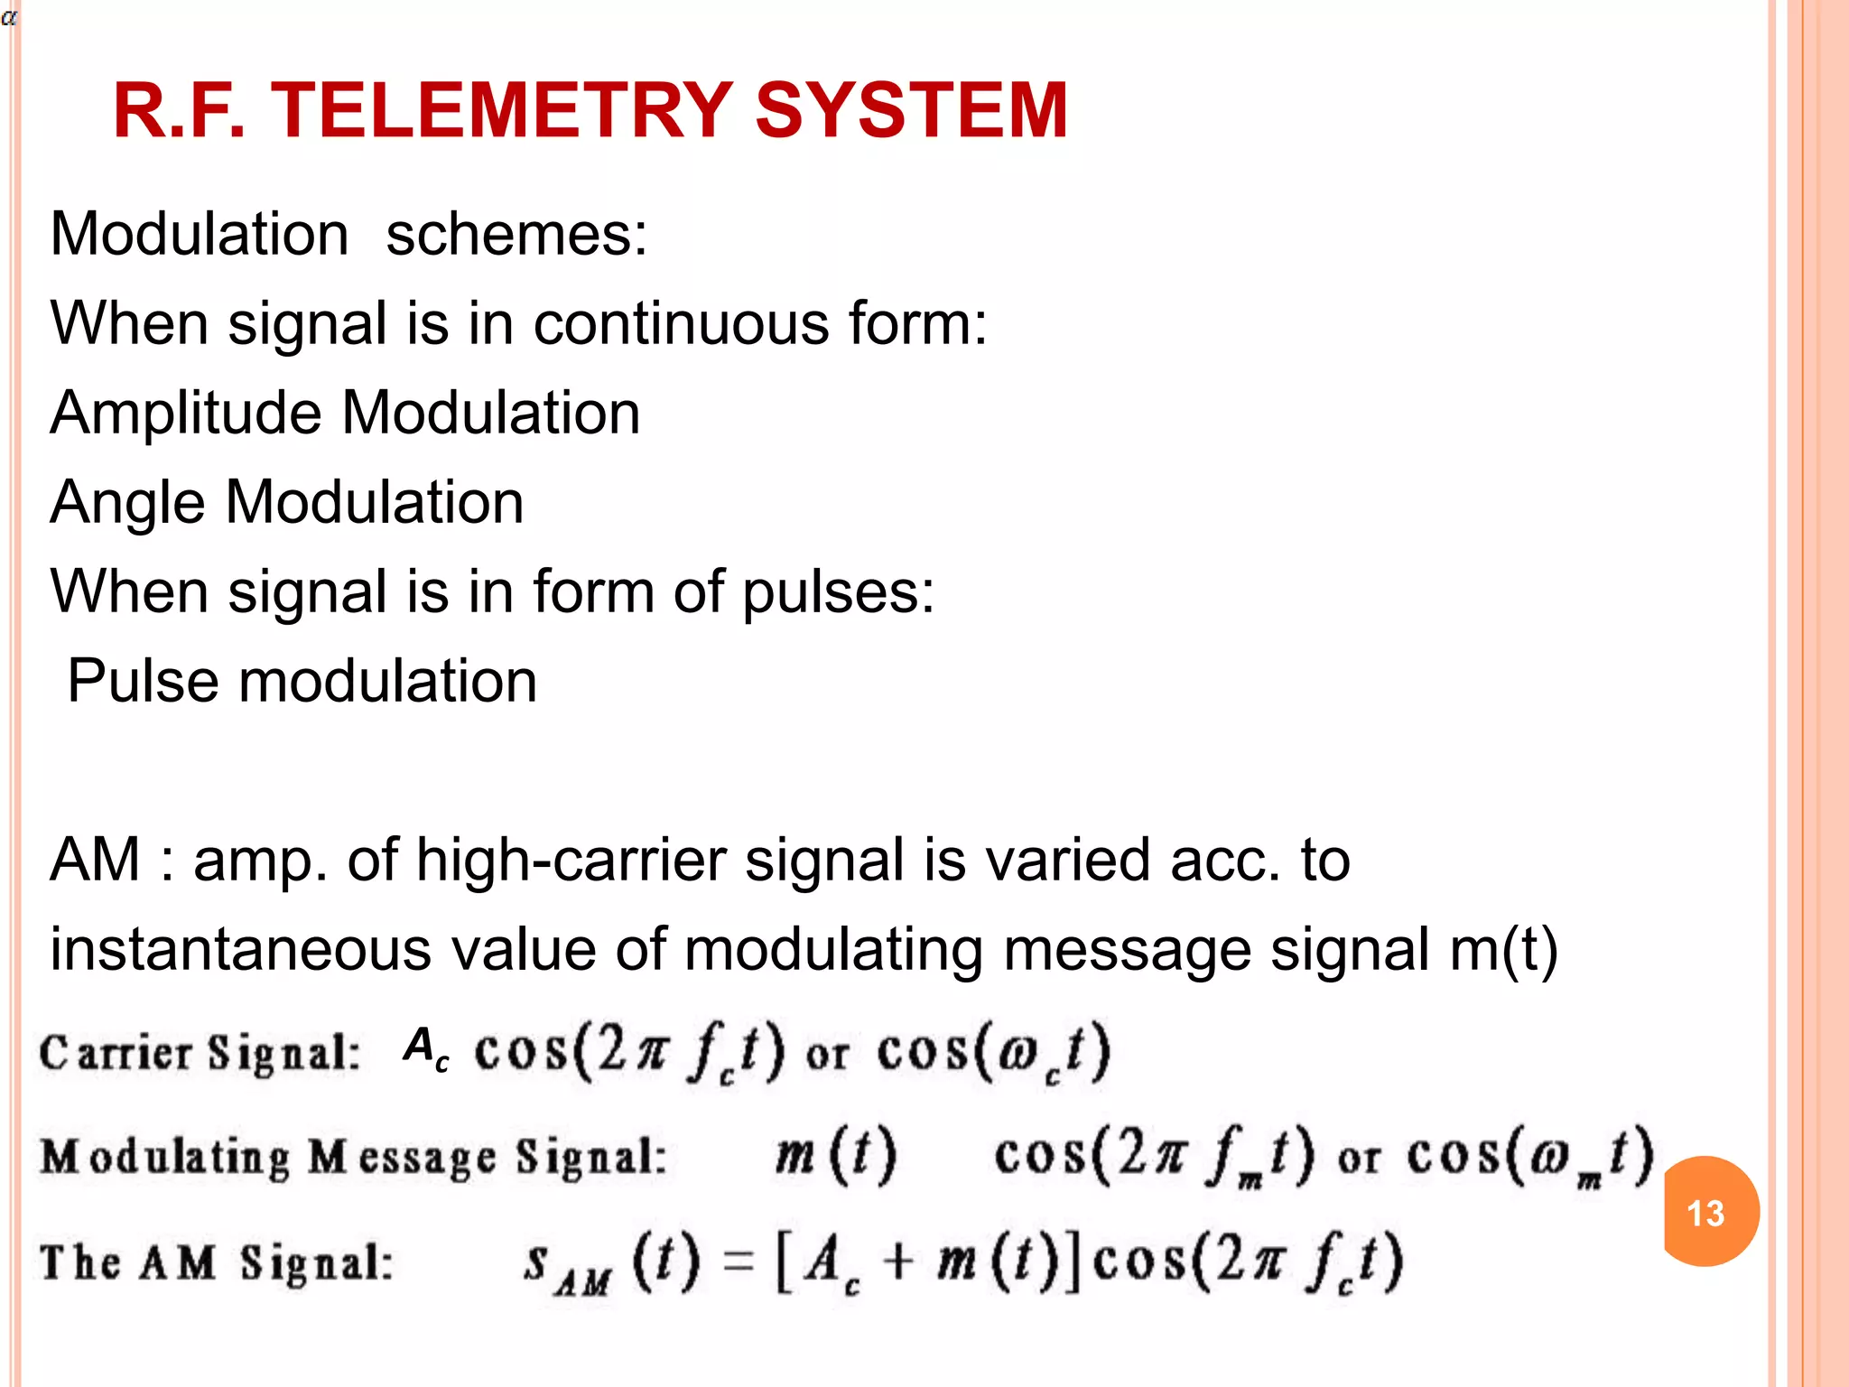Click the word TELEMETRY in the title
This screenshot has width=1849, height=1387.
click(501, 110)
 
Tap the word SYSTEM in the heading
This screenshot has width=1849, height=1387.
click(911, 110)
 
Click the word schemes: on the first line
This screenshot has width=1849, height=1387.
click(516, 235)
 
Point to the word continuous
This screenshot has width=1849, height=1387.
click(682, 323)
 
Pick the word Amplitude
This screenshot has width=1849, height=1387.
click(185, 414)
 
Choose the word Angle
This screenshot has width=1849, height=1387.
click(126, 503)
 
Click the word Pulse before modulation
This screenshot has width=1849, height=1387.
click(143, 680)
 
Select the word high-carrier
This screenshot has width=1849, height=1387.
click(570, 859)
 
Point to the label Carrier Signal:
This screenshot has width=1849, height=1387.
click(200, 1053)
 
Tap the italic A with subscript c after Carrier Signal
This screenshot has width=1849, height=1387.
click(425, 1049)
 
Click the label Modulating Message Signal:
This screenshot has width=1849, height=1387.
click(353, 1157)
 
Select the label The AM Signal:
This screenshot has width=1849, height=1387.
click(217, 1261)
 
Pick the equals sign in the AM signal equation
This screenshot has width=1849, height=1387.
click(739, 1261)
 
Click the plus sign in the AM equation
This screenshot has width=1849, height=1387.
click(897, 1261)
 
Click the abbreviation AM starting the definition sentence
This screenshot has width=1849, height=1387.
click(95, 859)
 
